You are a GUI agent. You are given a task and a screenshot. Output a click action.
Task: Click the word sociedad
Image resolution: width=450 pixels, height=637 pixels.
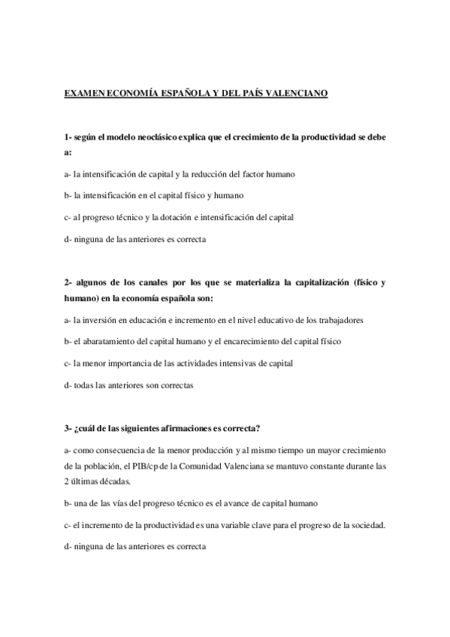click(367, 524)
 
